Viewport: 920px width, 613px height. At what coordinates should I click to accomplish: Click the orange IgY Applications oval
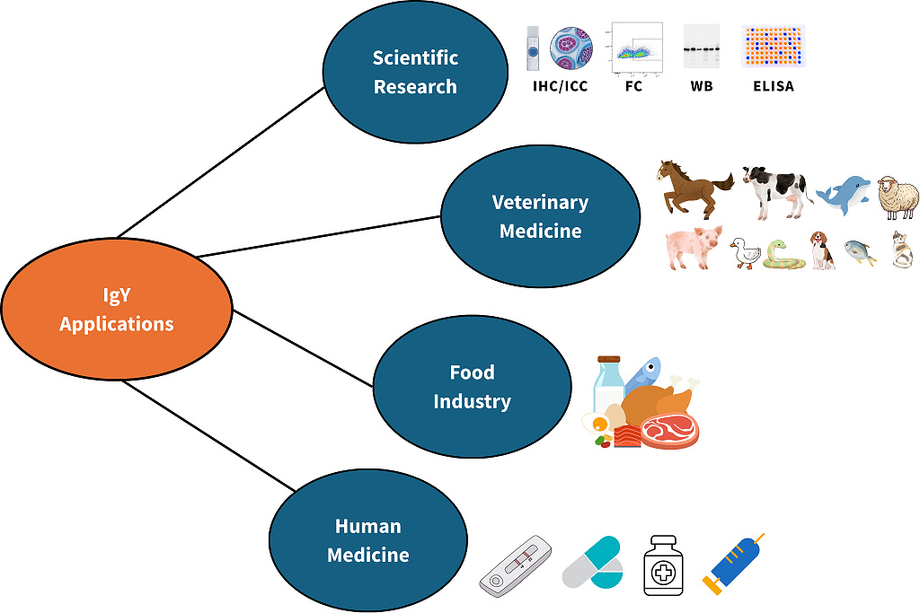[117, 311]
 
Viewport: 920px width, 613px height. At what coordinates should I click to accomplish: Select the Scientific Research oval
[415, 73]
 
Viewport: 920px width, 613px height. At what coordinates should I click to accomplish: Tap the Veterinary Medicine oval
[540, 216]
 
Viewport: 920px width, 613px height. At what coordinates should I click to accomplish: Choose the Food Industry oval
[472, 386]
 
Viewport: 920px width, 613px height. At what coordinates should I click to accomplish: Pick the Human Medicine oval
[368, 540]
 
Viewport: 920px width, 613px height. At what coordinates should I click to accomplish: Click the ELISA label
[773, 87]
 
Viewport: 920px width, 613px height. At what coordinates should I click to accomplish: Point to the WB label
[702, 87]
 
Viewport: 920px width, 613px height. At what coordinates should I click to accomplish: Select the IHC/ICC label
[561, 87]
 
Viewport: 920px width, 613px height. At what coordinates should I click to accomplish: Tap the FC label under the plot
[634, 87]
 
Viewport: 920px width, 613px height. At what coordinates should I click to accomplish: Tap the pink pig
[693, 248]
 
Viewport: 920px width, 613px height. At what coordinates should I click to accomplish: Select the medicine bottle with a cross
[665, 565]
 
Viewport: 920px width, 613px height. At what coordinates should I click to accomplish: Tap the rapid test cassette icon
[516, 566]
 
